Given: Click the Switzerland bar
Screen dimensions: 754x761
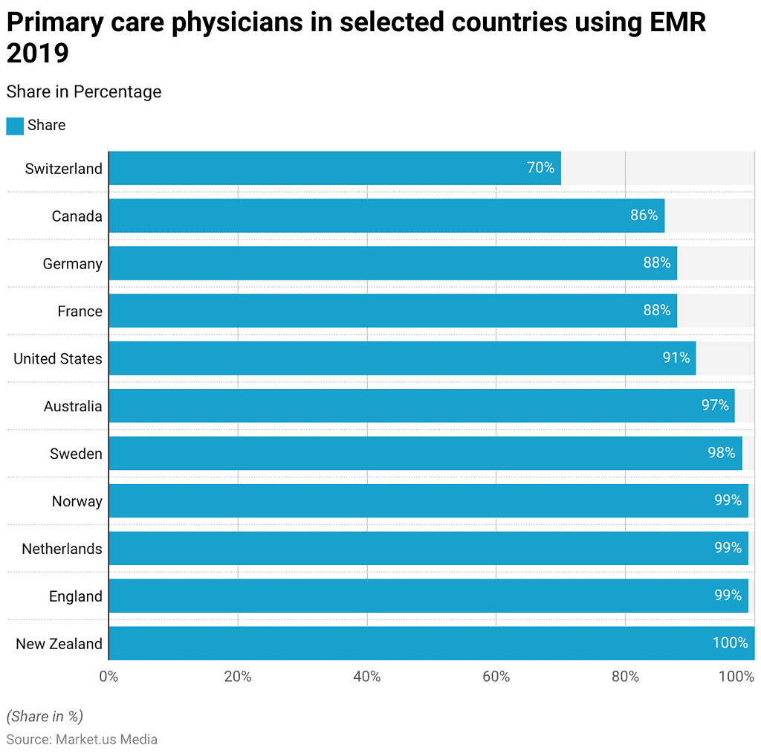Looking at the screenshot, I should [334, 168].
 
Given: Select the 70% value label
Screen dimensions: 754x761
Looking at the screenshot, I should [540, 168].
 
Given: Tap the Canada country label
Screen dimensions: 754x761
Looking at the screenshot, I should [77, 216].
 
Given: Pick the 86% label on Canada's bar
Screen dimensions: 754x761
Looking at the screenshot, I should [644, 216].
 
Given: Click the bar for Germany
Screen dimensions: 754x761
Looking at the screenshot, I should [392, 263].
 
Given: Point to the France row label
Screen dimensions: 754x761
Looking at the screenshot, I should [80, 311].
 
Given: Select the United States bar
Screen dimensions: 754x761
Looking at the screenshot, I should [401, 358].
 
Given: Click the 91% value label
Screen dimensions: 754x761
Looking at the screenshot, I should [676, 358].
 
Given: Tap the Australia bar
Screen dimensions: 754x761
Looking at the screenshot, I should [421, 406].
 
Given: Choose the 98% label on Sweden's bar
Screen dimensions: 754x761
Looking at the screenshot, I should [721, 453].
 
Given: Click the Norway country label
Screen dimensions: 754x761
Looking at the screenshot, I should [77, 501].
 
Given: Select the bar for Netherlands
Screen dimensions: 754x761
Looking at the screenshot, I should [427, 548].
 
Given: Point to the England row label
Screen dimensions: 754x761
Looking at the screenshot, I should [75, 596].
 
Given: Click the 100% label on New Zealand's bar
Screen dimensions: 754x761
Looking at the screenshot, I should [730, 643].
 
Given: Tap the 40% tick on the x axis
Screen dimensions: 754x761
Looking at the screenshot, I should [366, 677].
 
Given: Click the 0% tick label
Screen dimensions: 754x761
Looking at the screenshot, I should [109, 677].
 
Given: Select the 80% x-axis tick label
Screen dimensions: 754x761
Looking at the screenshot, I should [625, 677].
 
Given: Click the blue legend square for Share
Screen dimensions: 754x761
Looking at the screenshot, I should [15, 126].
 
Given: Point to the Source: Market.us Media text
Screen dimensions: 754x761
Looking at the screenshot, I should [82, 739].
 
